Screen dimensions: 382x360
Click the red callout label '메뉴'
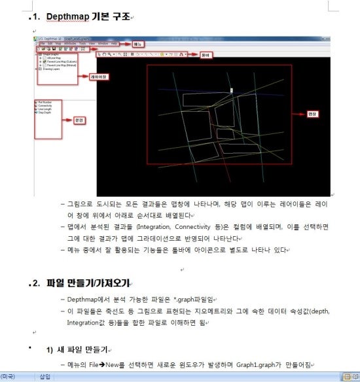coord(138,44)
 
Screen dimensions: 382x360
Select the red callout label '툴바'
coord(206,54)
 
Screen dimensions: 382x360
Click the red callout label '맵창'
coord(312,113)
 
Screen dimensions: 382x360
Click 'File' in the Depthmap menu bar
coord(41,43)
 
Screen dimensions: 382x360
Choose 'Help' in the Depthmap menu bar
coord(115,43)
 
